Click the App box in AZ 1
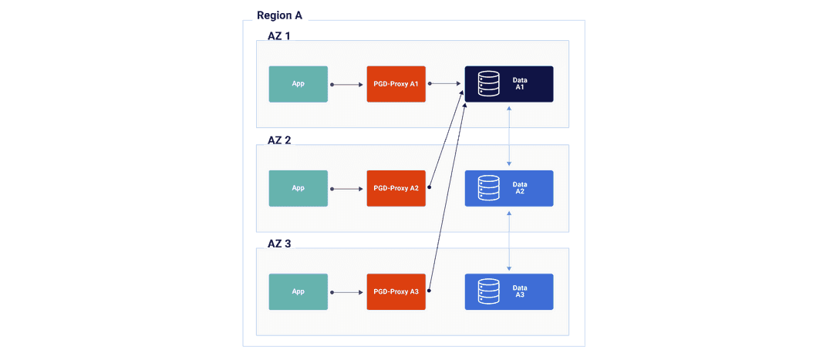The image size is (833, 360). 298,84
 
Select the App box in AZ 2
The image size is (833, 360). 298,188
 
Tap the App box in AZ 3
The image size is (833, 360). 298,291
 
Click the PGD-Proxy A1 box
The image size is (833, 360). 396,84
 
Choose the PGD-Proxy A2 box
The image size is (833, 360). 396,188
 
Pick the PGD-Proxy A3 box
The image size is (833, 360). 396,291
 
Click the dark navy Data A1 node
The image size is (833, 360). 509,84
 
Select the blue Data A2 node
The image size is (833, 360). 509,188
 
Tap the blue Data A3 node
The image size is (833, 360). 509,291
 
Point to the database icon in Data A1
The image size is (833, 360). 488,84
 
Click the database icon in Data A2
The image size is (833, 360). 488,188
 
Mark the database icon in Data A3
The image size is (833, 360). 488,291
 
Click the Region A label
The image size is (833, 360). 279,15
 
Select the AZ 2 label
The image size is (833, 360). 278,140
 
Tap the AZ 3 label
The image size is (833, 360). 278,244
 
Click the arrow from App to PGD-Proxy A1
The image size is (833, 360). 347,84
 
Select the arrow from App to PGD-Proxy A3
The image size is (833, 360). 347,292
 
